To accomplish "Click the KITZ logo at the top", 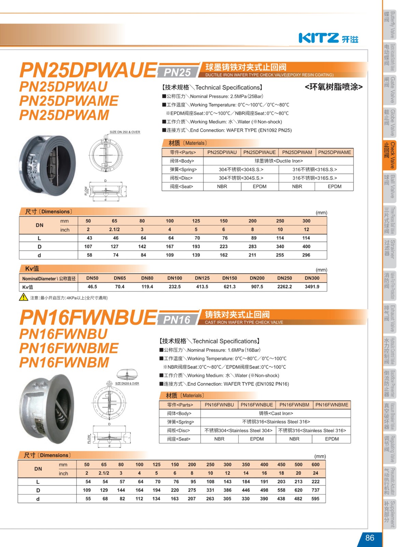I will coord(328,38).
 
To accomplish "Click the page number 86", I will coord(370,538).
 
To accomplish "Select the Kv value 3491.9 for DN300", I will coord(312,287).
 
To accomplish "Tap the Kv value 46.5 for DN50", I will coord(92,287).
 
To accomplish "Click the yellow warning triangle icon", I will coord(24,297).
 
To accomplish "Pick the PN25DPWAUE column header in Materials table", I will coord(259,152).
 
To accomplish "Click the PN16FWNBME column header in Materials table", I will coord(332,405).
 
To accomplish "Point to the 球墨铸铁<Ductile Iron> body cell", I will coord(278,161).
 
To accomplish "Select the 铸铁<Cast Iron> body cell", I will coord(276,413).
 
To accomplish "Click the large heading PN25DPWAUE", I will coord(88,70).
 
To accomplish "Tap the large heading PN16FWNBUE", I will coord(88,318).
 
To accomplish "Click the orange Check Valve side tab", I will coord(389,155).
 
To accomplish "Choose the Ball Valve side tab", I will coord(389,186).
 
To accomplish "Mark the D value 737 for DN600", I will coord(315,490).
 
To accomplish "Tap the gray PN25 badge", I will coord(177,72).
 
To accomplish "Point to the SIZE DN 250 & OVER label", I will coord(125,132).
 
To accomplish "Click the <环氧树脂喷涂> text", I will coord(333,87).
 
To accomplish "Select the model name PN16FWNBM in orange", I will coord(64,362).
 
